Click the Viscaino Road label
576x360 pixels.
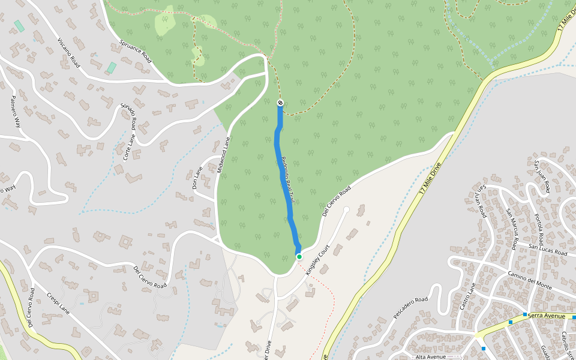pos(68,52)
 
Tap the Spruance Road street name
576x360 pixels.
pos(134,51)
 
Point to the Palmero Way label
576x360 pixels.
pos(17,113)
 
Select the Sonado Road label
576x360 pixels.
pos(129,116)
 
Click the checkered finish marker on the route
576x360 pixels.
pos(280,103)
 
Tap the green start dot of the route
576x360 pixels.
pos(299,257)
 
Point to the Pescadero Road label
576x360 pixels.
pos(410,307)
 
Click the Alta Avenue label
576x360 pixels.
pos(430,356)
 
